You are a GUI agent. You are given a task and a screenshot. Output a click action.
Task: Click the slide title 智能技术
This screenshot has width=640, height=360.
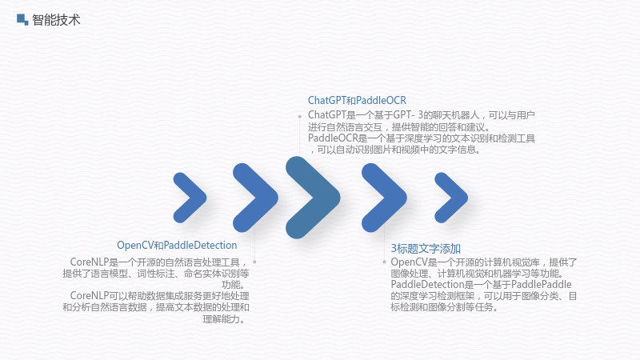[x=56, y=19]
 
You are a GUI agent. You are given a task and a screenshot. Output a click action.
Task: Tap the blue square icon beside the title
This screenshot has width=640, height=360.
[x=22, y=19]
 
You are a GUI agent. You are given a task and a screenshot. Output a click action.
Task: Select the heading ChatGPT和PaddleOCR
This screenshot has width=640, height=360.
[x=357, y=101]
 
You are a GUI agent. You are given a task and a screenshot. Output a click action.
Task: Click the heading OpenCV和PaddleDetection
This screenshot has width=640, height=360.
[x=177, y=246]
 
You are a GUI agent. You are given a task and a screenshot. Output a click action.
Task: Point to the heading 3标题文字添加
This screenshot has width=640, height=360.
[x=426, y=248]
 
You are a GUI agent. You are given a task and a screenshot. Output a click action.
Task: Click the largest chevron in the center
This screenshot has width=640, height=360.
[x=313, y=198]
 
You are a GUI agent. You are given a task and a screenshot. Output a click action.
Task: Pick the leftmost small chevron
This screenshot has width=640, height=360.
[x=190, y=198]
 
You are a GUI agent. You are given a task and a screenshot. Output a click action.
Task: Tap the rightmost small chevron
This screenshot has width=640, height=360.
[x=451, y=198]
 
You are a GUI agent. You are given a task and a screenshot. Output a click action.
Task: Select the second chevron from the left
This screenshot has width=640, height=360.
[x=255, y=198]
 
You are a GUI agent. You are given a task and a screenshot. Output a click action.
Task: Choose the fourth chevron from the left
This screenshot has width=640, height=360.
[x=384, y=198]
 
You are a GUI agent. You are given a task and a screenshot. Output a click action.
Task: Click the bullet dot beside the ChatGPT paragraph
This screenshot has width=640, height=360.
[x=299, y=117]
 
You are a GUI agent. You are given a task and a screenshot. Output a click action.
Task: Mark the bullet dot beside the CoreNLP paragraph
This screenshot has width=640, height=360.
[x=254, y=262]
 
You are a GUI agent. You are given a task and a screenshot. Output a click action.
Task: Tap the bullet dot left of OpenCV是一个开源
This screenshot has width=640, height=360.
[x=384, y=262]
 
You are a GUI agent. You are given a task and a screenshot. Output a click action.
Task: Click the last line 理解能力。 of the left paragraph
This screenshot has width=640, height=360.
[x=226, y=318]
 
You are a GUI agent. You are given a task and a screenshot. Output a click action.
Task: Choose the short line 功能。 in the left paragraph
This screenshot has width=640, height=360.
[x=235, y=285]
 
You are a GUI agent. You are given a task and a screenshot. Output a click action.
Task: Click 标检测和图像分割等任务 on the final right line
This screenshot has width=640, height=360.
[x=442, y=307]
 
